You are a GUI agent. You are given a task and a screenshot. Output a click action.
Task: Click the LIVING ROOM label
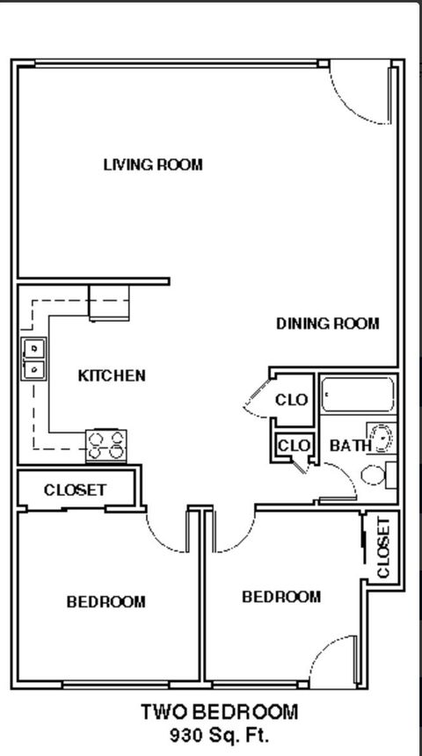(153, 164)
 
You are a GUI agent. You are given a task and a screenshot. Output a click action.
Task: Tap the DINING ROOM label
(328, 323)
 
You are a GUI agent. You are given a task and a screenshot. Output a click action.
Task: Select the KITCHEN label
(112, 375)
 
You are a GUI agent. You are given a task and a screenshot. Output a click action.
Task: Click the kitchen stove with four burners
(105, 446)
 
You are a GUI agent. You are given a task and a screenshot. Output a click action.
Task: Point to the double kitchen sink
(33, 359)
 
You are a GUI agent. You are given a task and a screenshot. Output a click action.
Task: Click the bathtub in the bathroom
(357, 396)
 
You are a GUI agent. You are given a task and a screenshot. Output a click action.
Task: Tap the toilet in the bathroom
(375, 475)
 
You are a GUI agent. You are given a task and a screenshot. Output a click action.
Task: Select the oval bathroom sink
(382, 437)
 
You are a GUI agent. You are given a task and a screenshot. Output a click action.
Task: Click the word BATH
(349, 446)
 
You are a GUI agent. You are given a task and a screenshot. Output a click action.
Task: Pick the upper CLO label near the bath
(292, 400)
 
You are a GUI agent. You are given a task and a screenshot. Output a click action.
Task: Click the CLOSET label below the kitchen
(75, 490)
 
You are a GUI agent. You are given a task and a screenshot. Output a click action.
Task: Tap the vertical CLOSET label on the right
(383, 548)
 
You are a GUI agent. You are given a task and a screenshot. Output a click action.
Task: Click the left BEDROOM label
(105, 602)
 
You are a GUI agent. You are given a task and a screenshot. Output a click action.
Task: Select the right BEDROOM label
(281, 597)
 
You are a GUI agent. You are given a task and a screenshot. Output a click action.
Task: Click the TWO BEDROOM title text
(220, 712)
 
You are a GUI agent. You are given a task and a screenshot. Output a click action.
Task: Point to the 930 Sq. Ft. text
(220, 734)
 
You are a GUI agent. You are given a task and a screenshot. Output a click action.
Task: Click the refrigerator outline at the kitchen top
(109, 302)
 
